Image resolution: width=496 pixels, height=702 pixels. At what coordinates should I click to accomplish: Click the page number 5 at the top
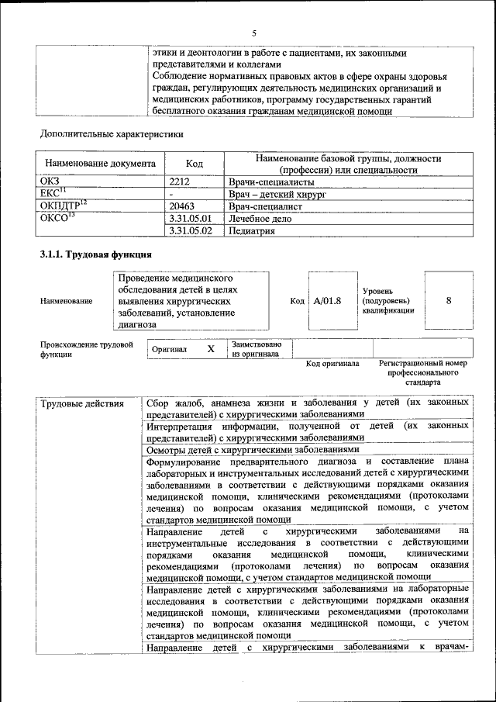click(253, 33)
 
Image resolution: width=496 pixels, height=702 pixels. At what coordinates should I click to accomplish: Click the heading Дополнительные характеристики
click(112, 133)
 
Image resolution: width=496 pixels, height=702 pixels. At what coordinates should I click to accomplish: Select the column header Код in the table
click(195, 164)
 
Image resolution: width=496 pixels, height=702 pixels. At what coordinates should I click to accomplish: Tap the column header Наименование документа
click(101, 164)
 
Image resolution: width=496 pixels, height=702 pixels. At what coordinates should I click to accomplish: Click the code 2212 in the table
click(180, 182)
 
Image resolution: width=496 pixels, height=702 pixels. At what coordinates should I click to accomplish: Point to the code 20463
click(182, 207)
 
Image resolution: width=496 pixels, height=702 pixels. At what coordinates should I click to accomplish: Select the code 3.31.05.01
click(190, 220)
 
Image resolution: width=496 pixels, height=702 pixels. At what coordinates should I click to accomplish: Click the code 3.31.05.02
click(190, 231)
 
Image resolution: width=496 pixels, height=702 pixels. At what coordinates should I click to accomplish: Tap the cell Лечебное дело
click(261, 220)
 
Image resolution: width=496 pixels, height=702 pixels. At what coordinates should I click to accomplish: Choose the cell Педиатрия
click(252, 231)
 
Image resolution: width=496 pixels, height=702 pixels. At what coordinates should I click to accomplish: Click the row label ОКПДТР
click(63, 206)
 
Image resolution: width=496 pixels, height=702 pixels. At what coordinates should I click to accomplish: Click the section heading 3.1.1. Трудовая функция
click(95, 254)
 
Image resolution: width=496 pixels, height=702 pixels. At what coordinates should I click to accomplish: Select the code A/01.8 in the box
click(327, 301)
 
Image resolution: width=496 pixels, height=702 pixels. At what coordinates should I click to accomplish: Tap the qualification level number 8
click(449, 301)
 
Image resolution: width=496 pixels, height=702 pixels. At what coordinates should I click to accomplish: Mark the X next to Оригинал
click(211, 350)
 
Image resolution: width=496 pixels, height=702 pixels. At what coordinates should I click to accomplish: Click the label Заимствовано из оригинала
click(257, 349)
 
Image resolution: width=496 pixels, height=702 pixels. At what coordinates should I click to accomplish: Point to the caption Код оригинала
click(332, 363)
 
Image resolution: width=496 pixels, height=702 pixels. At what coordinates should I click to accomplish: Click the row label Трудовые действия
click(81, 403)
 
